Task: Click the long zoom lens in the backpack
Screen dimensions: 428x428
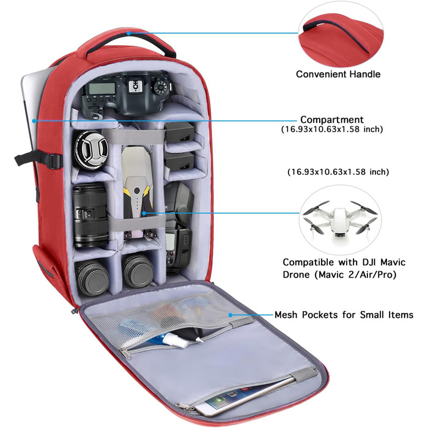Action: click(90, 215)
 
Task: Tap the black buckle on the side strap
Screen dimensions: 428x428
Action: click(54, 161)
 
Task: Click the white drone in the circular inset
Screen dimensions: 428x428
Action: click(340, 219)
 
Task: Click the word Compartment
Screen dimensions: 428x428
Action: click(332, 120)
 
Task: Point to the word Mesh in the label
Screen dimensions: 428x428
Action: click(286, 315)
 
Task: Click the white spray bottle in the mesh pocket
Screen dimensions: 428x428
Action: click(177, 340)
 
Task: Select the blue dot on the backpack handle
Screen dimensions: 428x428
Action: click(128, 33)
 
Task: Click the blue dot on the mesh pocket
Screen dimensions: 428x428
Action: click(231, 315)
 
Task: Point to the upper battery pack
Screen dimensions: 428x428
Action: click(179, 132)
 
